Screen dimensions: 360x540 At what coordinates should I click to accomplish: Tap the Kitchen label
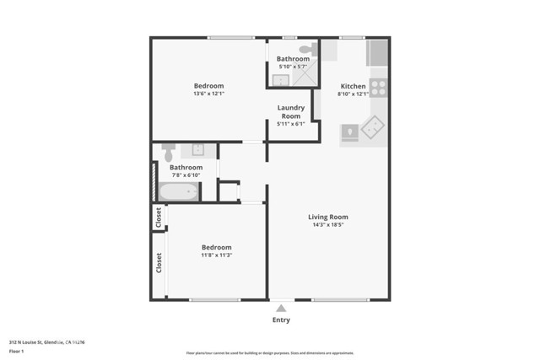click(x=353, y=87)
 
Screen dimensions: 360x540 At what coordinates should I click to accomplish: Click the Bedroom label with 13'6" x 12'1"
click(x=208, y=86)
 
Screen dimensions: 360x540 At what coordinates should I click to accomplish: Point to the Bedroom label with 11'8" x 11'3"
click(x=216, y=247)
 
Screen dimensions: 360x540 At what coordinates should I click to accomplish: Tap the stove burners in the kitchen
click(x=378, y=86)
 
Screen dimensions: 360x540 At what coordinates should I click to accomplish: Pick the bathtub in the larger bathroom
click(x=178, y=191)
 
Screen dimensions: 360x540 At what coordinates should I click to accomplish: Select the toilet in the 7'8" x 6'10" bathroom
click(x=168, y=152)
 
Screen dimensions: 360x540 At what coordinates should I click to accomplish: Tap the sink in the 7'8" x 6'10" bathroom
click(x=199, y=150)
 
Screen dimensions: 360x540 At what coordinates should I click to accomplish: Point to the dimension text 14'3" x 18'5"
click(x=328, y=224)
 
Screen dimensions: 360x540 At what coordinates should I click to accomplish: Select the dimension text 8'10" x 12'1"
click(x=353, y=94)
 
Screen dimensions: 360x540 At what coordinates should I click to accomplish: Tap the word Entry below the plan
click(x=281, y=320)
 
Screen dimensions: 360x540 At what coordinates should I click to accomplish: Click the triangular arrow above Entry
click(x=281, y=309)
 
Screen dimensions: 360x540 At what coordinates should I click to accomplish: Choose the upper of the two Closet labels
click(x=158, y=218)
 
